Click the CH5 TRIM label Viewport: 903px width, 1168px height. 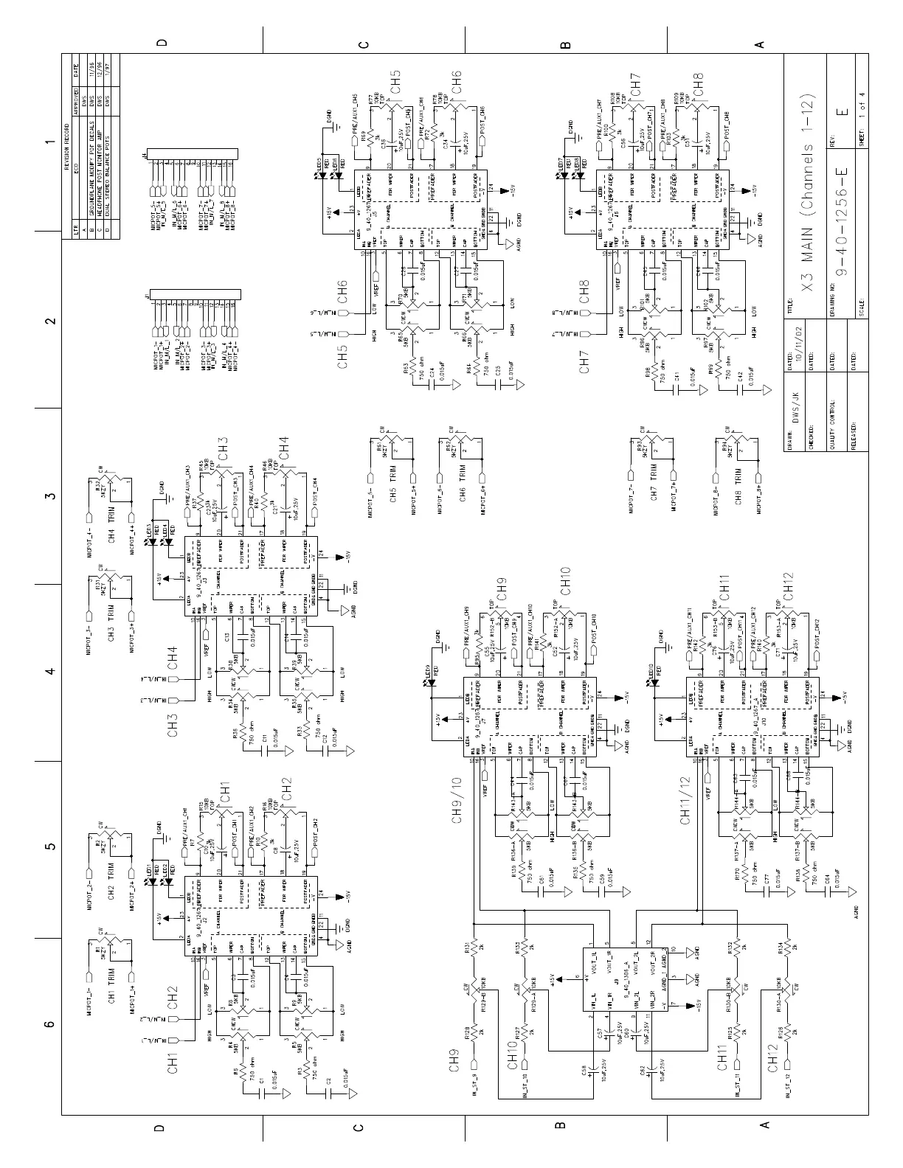392,472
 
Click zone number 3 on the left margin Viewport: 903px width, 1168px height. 50,496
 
